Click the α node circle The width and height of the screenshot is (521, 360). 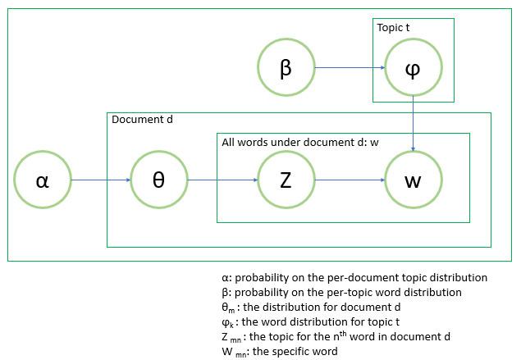click(43, 180)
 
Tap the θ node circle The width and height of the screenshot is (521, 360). click(158, 180)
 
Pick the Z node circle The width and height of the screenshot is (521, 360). click(286, 180)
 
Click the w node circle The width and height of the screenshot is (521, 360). click(413, 180)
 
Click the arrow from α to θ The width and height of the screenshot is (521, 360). click(100, 180)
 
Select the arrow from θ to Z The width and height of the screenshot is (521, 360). click(222, 180)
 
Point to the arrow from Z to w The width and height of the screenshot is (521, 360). click(349, 180)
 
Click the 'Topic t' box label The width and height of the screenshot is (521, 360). click(393, 28)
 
